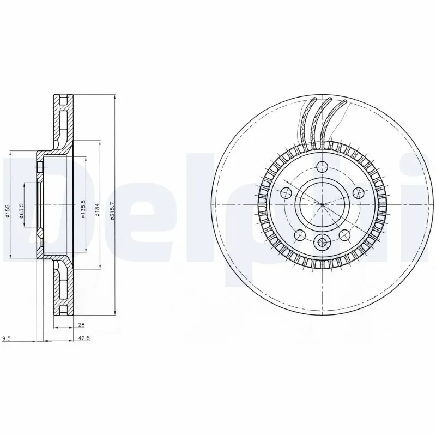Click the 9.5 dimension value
7,339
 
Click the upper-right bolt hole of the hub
358,192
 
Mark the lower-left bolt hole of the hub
299,235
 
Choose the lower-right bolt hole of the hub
344,235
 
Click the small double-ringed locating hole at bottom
322,243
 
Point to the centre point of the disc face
322,204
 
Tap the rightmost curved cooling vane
335,123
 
